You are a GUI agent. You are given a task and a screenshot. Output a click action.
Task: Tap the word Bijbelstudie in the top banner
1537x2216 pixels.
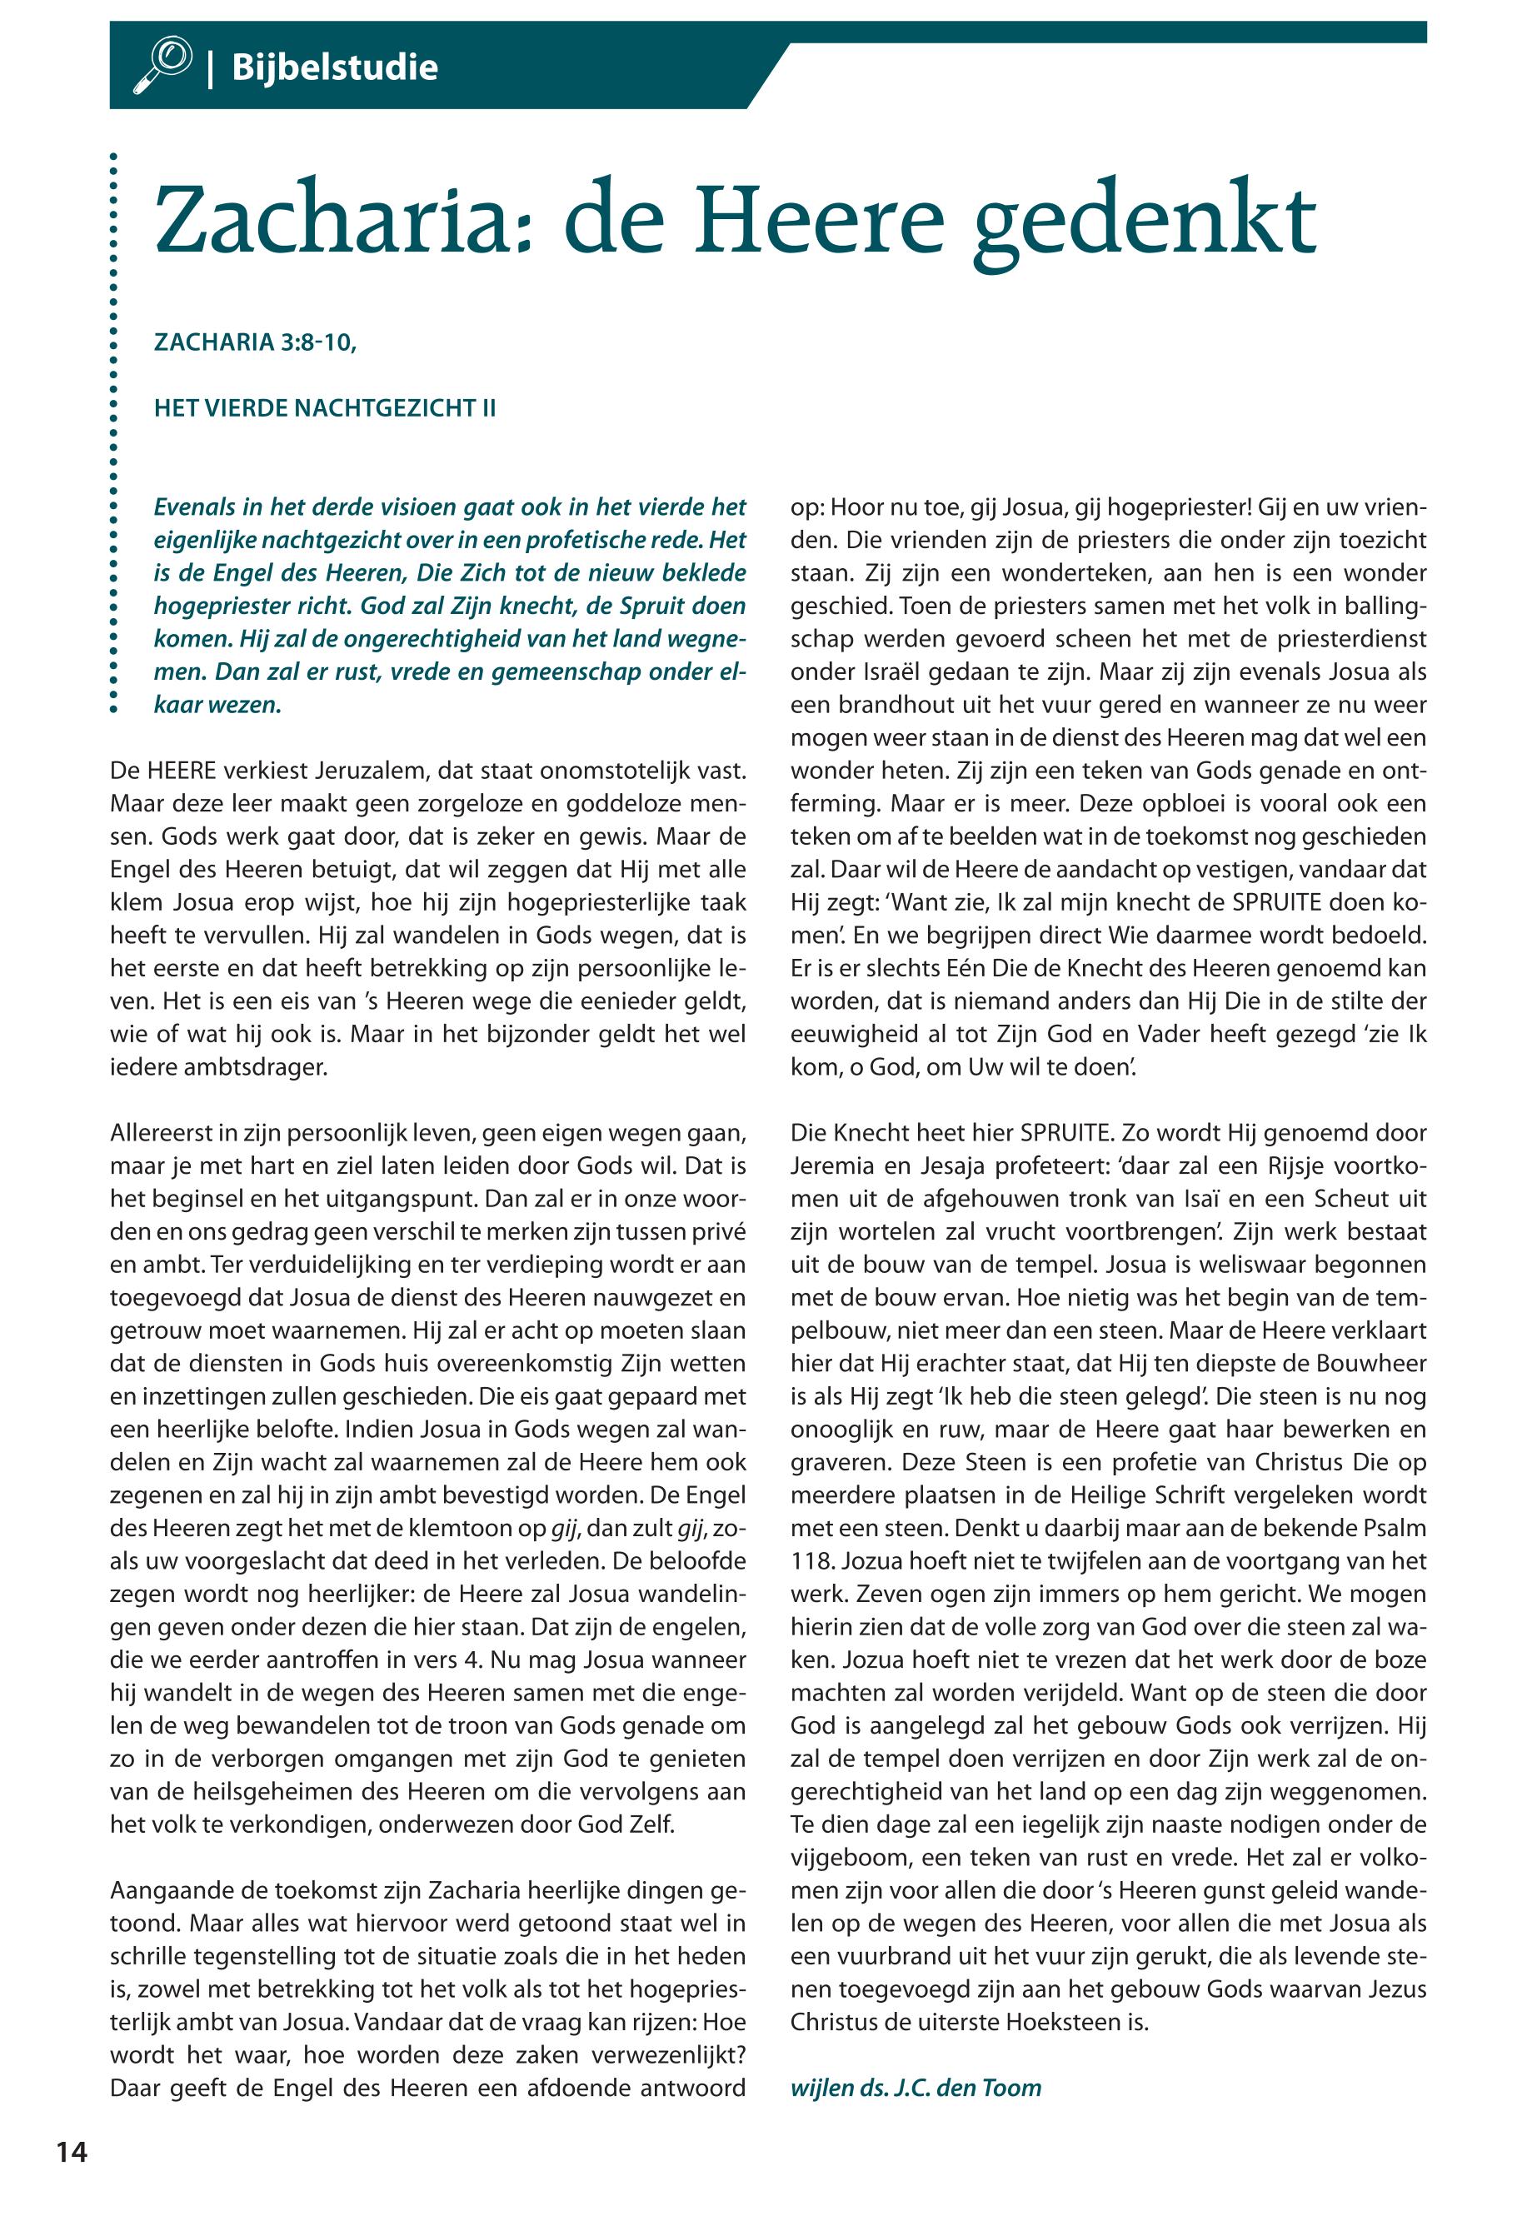click(334, 67)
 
